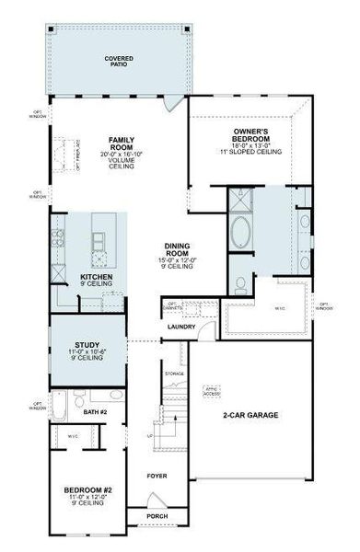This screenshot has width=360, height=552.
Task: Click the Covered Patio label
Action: pyautogui.click(x=119, y=62)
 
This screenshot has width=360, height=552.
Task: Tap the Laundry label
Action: pyautogui.click(x=179, y=327)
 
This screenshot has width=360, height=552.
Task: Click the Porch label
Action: pyautogui.click(x=157, y=516)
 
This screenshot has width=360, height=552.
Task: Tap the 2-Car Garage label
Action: pyautogui.click(x=250, y=415)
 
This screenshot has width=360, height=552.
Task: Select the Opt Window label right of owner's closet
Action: pyautogui.click(x=325, y=305)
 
